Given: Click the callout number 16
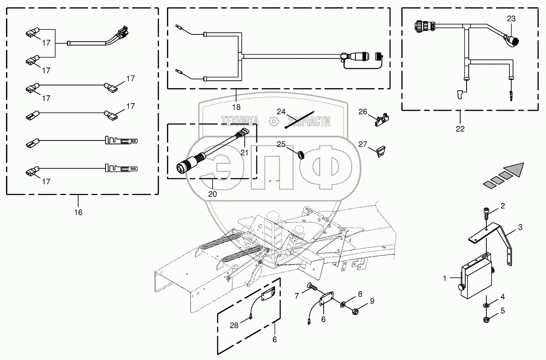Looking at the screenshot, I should (x=78, y=212).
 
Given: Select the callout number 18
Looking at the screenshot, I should (x=237, y=107).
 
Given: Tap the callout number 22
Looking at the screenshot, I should (x=460, y=129).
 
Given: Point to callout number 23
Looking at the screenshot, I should (x=511, y=19).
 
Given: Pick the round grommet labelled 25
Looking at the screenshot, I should (x=301, y=153).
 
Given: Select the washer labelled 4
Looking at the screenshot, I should (x=486, y=305).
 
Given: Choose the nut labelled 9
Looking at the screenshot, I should (x=355, y=310).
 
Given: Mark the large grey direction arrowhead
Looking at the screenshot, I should (x=515, y=169).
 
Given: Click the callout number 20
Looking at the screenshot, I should (x=212, y=194).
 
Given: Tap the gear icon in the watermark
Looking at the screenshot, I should (x=273, y=122).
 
